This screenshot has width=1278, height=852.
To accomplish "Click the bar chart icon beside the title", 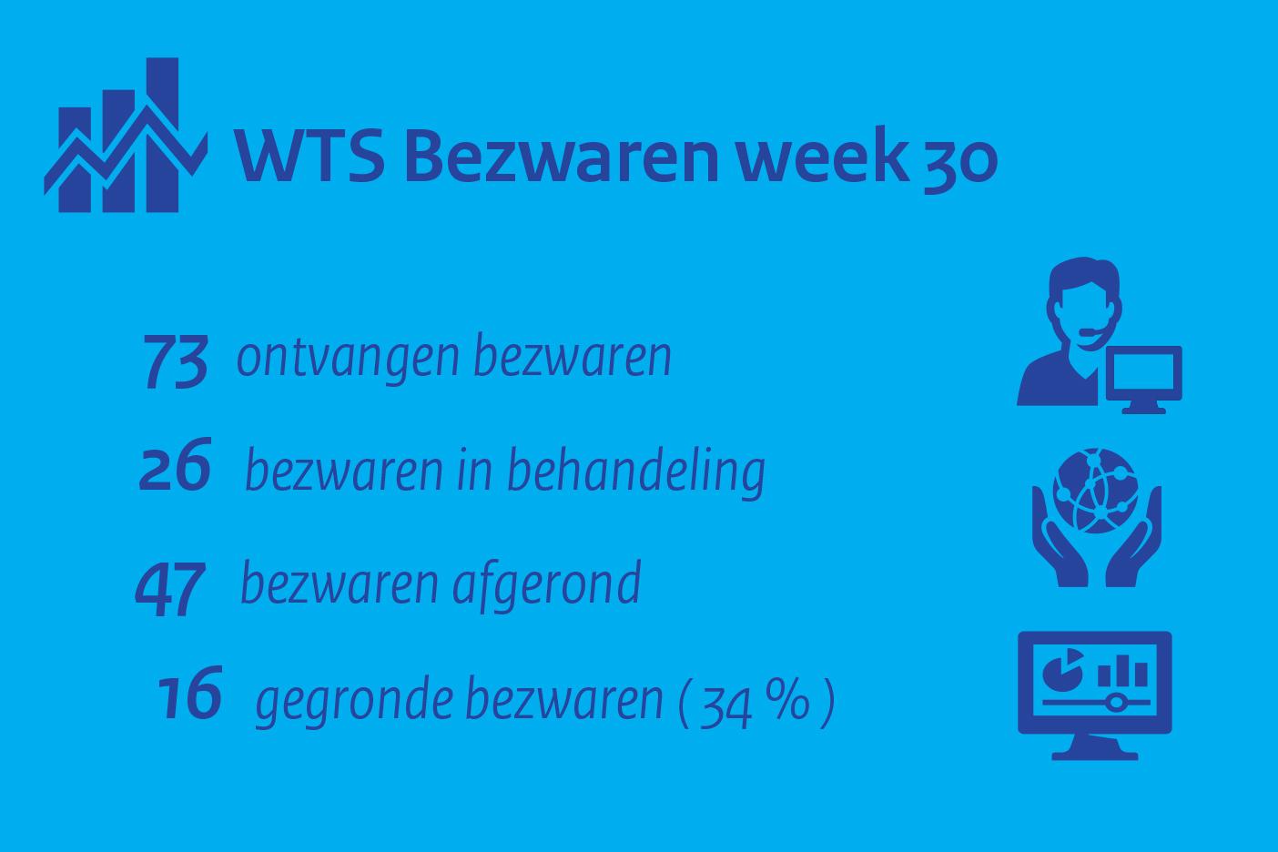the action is point(126,136).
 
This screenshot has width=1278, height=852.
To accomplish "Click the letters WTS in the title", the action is point(309,156).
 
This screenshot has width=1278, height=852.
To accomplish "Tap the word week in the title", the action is point(822,154).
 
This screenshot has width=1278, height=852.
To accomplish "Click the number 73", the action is point(175,362).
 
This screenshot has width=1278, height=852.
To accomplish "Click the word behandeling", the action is point(636,472).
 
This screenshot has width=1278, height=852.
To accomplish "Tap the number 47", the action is point(170,589).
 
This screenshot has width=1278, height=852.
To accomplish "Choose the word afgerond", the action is point(546,585).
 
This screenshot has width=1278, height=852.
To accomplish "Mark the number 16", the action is point(189,694).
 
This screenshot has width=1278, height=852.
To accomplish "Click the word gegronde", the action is point(354,701).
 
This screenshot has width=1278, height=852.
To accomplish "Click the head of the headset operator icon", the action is point(1084,300).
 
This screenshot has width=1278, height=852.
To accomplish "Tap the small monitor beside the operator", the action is point(1144,379).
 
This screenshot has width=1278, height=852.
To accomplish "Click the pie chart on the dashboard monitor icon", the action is point(1063,670).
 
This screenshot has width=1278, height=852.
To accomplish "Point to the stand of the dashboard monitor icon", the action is point(1095,747).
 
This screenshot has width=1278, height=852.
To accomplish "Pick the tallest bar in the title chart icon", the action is point(163,136).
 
